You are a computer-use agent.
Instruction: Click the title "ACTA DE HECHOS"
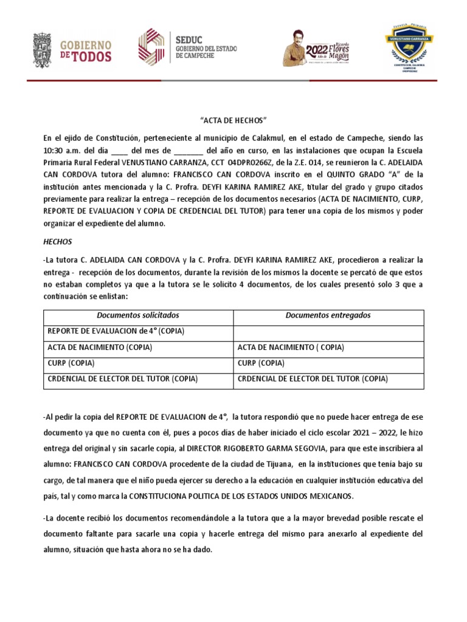click(233, 120)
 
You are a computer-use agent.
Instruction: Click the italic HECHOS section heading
click(58, 242)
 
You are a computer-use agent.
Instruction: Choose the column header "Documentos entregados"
click(328, 316)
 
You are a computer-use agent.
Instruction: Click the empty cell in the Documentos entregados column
click(328, 332)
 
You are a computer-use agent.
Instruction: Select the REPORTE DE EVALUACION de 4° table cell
click(116, 332)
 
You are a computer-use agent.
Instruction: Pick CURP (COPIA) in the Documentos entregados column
click(260, 363)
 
